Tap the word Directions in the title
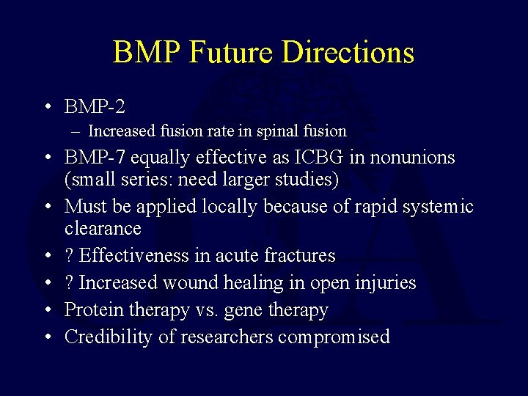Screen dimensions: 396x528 tap(348, 53)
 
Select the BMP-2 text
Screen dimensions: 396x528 tap(95, 107)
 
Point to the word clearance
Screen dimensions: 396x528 tap(103, 229)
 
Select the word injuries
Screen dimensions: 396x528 tap(385, 283)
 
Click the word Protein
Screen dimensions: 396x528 tap(94, 310)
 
